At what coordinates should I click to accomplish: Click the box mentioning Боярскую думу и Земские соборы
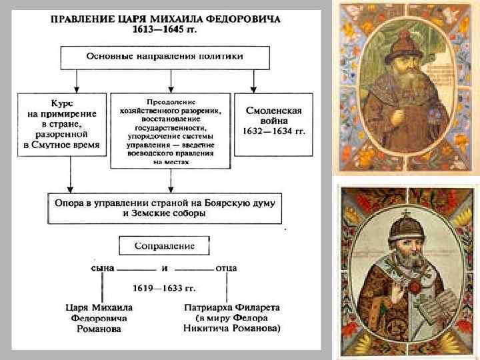(x=165, y=207)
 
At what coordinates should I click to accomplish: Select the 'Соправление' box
(x=165, y=245)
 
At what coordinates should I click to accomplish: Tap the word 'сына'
(x=102, y=268)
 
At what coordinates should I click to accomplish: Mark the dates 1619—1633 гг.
(x=165, y=289)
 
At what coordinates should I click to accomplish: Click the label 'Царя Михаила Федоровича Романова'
(x=100, y=318)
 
